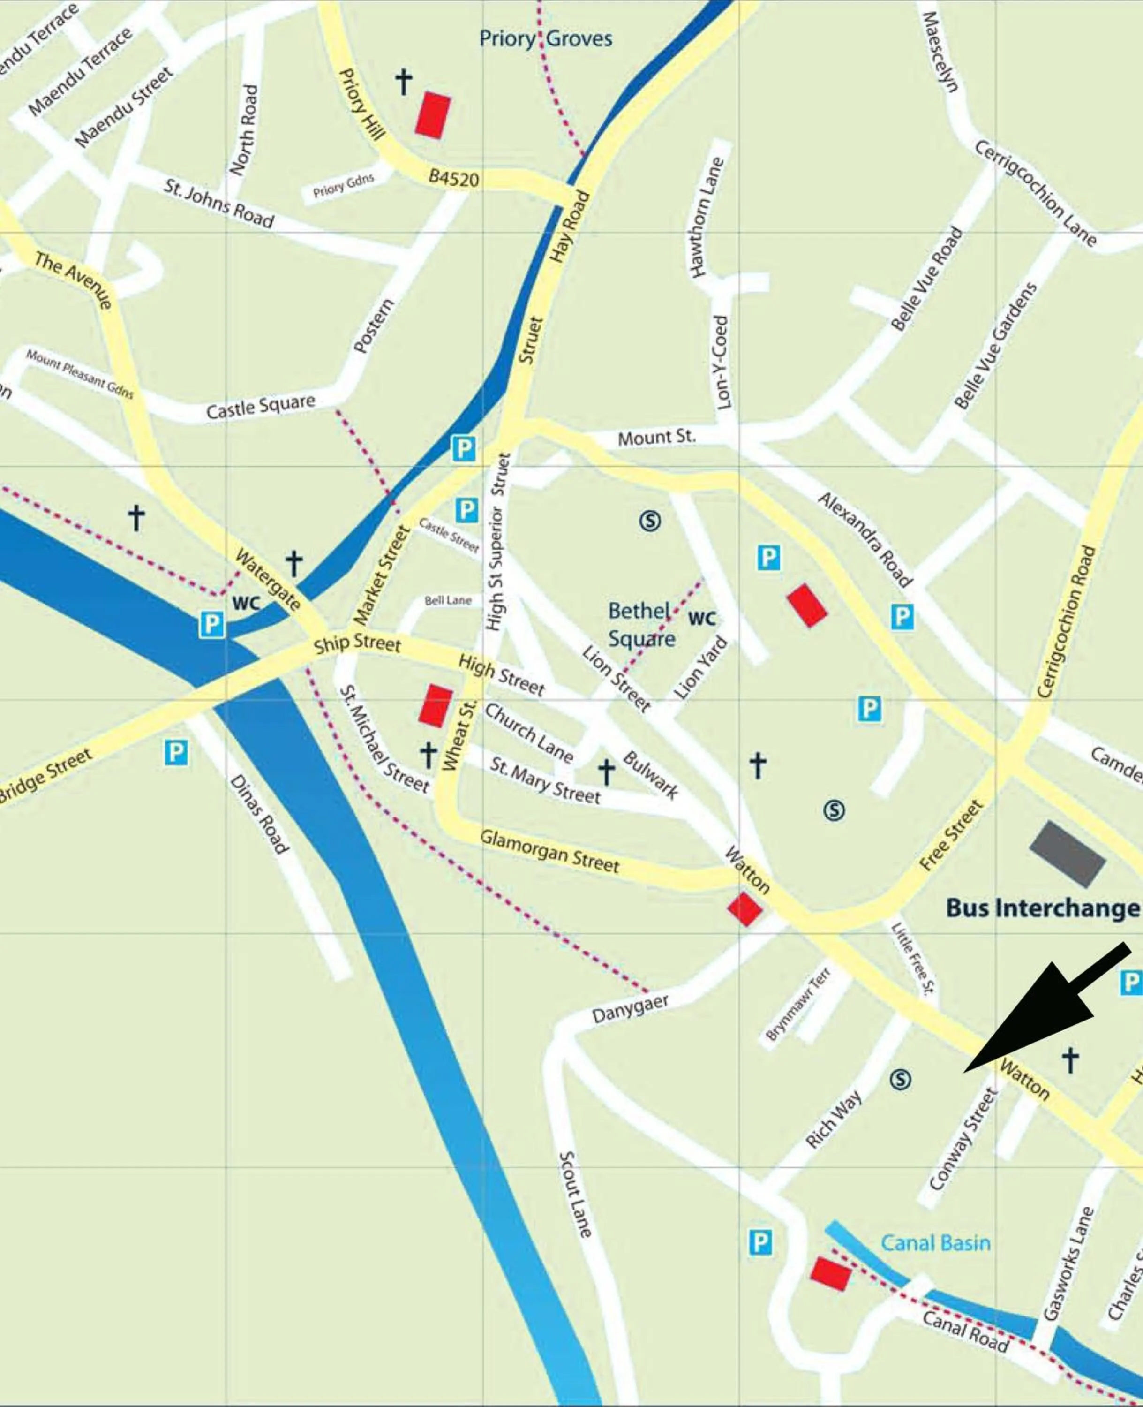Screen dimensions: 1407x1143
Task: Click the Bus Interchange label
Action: pyautogui.click(x=1042, y=908)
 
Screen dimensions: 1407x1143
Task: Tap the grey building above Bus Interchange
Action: pyautogui.click(x=1067, y=853)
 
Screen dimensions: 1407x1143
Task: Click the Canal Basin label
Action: pyautogui.click(x=935, y=1243)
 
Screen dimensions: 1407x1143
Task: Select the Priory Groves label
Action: pyautogui.click(x=545, y=39)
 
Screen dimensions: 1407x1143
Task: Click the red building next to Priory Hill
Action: pyautogui.click(x=433, y=115)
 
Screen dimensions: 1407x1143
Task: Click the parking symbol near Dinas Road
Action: pyautogui.click(x=176, y=752)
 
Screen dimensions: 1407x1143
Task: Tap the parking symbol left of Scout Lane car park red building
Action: pyautogui.click(x=760, y=1242)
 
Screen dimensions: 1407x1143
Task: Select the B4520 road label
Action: pyautogui.click(x=454, y=178)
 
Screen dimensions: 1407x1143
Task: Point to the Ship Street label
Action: pyautogui.click(x=357, y=643)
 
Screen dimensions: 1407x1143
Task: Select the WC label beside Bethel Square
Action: pyautogui.click(x=701, y=618)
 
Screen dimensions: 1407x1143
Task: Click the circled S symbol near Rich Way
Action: pyautogui.click(x=901, y=1079)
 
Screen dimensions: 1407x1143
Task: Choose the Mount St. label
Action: pyautogui.click(x=656, y=438)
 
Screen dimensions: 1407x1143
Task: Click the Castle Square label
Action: pyautogui.click(x=261, y=407)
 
